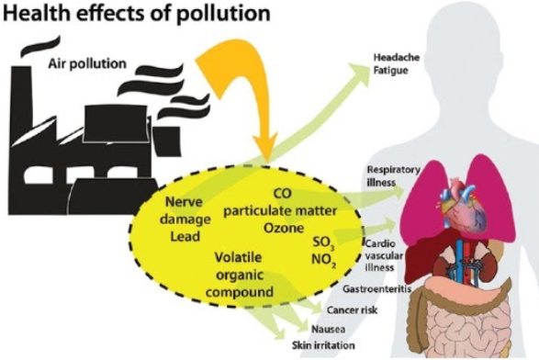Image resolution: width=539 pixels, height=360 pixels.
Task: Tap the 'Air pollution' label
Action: coord(88,63)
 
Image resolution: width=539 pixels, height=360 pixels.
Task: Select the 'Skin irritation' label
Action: coord(320,344)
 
